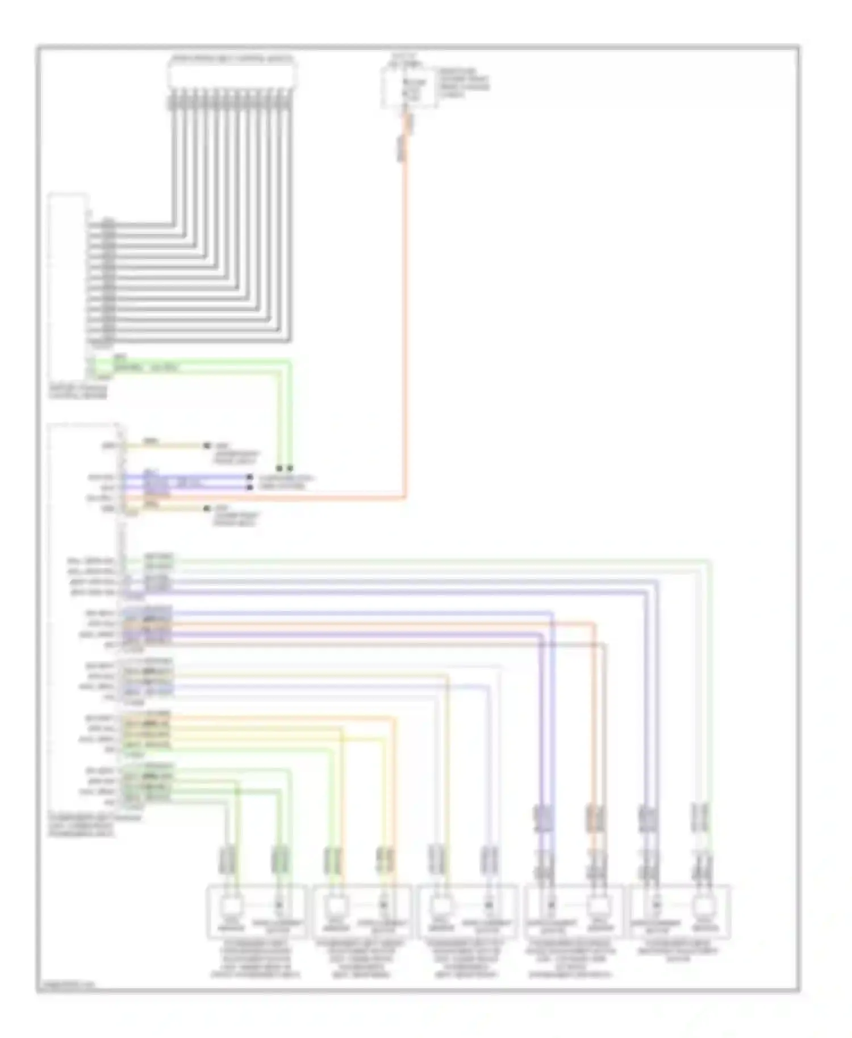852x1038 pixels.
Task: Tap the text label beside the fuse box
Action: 462,83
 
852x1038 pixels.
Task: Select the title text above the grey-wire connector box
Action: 232,58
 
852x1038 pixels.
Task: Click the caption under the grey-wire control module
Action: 78,391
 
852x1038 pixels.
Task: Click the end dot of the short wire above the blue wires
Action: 207,446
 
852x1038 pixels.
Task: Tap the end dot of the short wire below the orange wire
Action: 207,508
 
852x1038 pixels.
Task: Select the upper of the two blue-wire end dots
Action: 249,478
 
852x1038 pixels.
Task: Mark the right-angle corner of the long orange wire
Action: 406,498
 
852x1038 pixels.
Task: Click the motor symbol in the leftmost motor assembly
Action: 230,903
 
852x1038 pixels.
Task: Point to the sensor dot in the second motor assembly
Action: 384,903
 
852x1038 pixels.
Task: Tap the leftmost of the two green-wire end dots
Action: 279,468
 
